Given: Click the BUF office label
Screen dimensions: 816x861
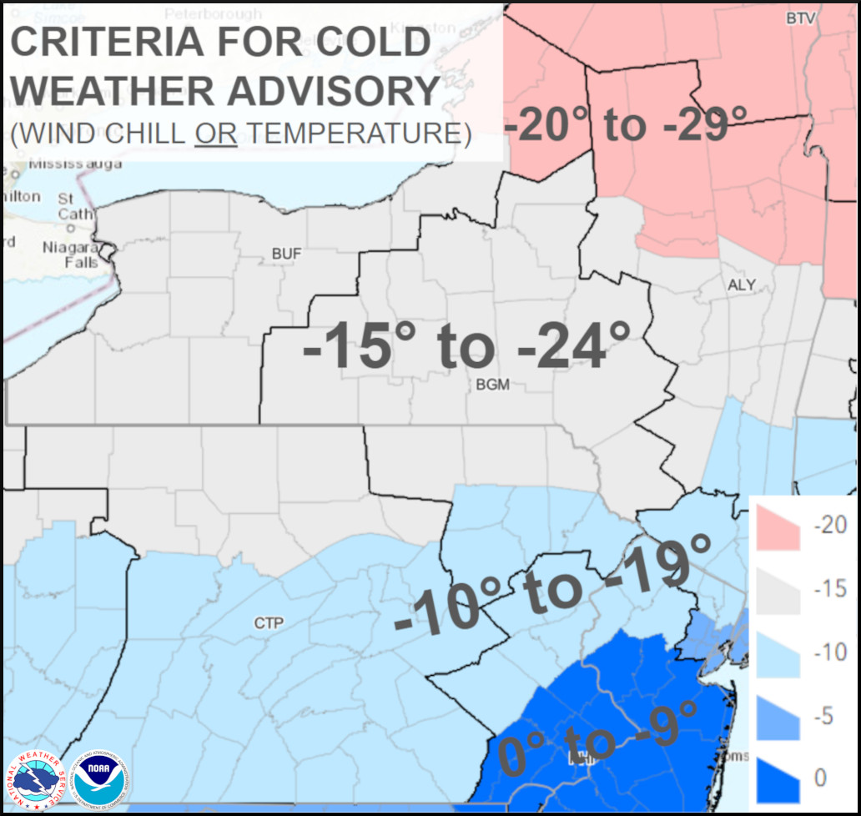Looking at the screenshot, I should (x=286, y=254).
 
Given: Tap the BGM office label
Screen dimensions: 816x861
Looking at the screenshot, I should (x=492, y=385).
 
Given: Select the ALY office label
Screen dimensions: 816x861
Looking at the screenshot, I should (x=741, y=285).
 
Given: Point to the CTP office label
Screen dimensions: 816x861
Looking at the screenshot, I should (x=269, y=623).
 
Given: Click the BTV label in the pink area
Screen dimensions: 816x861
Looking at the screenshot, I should (x=799, y=18).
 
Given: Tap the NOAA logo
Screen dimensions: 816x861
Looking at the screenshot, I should (x=99, y=778).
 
